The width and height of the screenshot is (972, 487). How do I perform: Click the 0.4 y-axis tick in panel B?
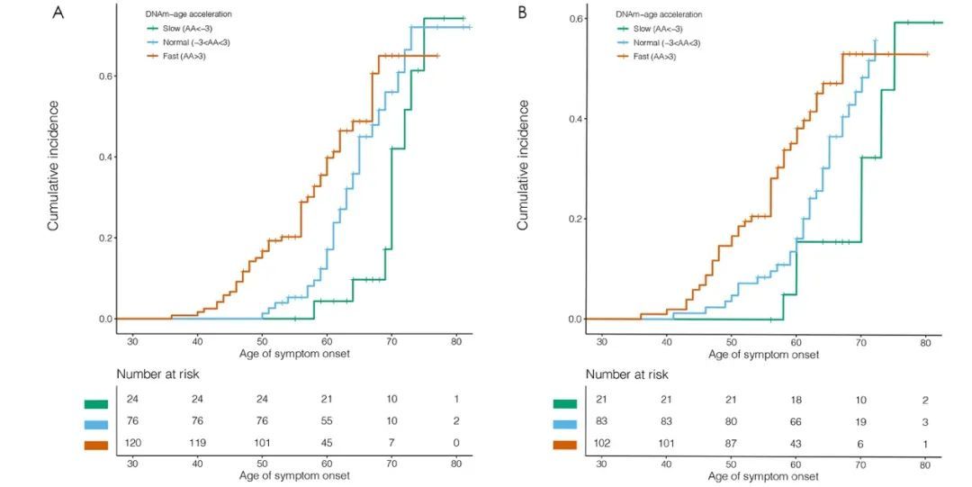[x=571, y=119]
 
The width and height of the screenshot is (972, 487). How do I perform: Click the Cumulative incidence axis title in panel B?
[x=523, y=165]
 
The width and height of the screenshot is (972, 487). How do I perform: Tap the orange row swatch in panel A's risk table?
[x=94, y=445]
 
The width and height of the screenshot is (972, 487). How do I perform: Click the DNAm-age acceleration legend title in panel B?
[x=659, y=14]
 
